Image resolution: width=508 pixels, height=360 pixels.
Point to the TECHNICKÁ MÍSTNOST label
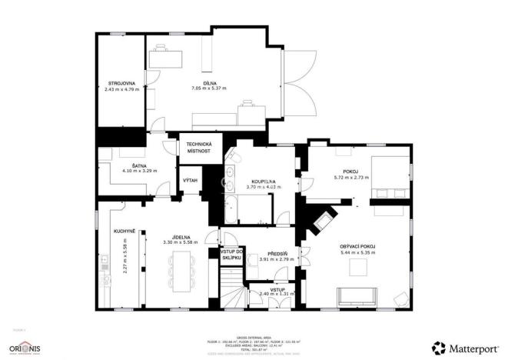(199, 148)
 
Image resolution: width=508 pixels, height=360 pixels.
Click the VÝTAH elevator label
(190, 180)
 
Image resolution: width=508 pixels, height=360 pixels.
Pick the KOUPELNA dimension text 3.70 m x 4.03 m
(261, 187)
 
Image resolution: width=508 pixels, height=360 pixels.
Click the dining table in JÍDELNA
(181, 272)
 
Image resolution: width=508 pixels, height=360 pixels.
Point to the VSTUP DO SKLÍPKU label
(232, 255)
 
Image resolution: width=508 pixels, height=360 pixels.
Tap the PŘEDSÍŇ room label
(277, 253)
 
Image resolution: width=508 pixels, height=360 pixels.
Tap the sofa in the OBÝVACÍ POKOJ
(357, 295)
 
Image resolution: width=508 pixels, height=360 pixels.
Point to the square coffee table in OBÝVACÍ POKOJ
(357, 267)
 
